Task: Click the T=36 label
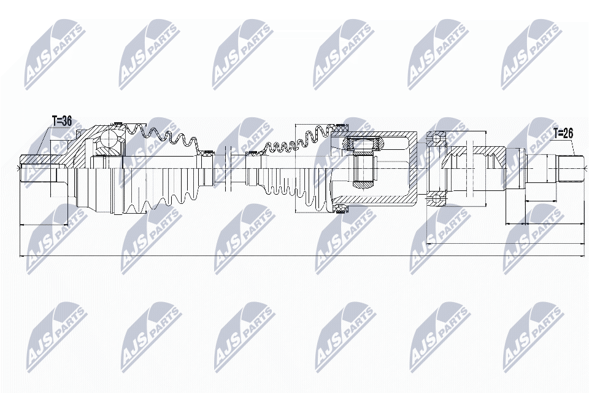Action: pos(61,122)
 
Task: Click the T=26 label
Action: pos(564,133)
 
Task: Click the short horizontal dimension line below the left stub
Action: pos(43,225)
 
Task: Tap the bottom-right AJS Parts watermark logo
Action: pos(531,335)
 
